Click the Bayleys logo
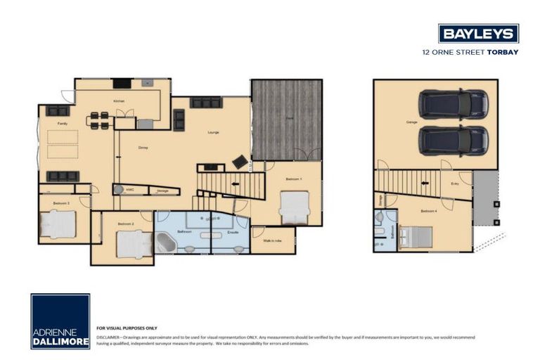click(x=478, y=33)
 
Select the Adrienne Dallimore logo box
click(x=60, y=321)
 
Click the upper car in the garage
click(x=454, y=104)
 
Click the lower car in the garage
click(x=454, y=139)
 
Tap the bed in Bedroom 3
click(x=58, y=224)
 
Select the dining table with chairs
click(x=99, y=120)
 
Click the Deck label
click(x=290, y=117)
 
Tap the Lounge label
click(x=213, y=131)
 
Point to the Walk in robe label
click(x=272, y=240)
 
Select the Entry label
click(x=455, y=183)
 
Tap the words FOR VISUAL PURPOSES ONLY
click(x=127, y=328)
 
